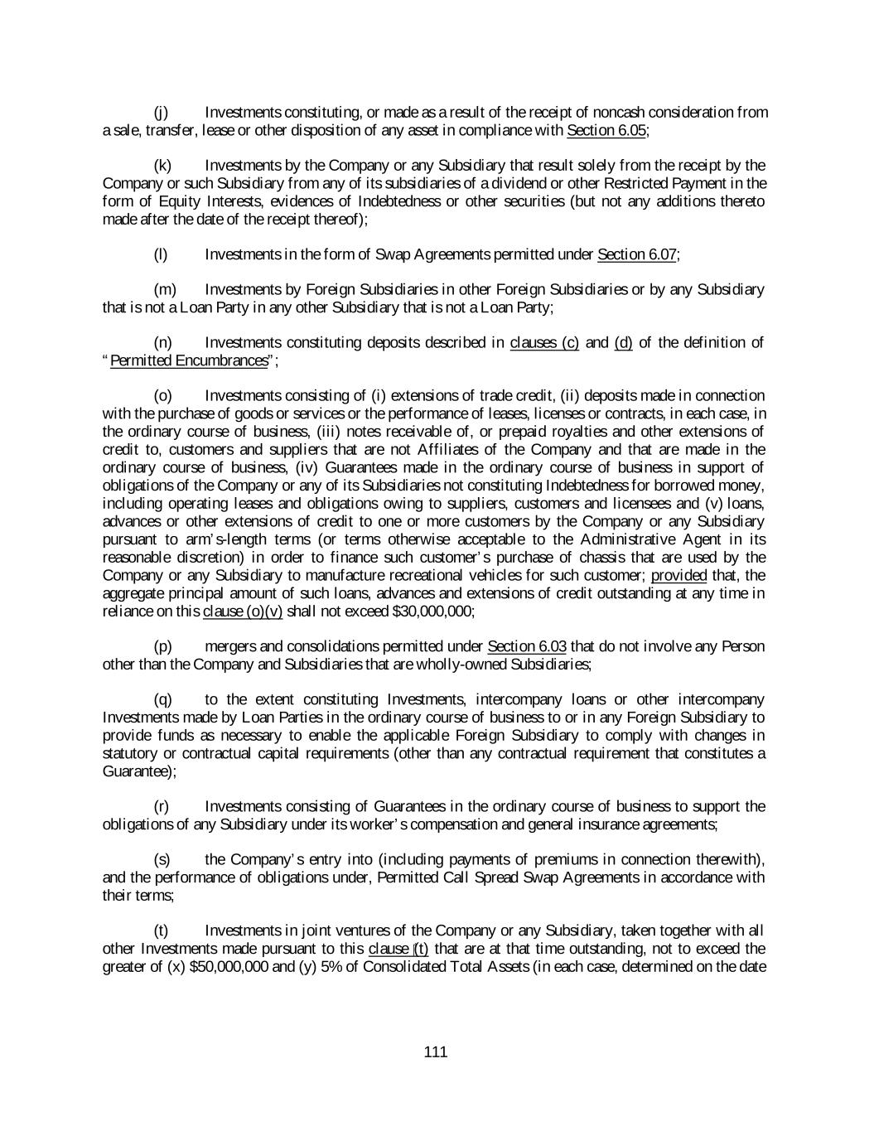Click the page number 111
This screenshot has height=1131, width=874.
[x=435, y=1052]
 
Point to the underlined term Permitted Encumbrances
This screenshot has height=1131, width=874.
[x=190, y=360]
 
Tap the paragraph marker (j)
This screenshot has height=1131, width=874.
[x=161, y=112]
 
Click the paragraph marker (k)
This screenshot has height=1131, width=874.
[x=162, y=166]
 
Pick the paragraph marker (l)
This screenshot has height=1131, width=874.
[x=161, y=254]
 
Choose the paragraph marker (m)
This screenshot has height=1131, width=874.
[x=164, y=289]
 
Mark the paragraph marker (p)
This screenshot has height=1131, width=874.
[x=162, y=645]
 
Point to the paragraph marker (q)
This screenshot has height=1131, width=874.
[x=162, y=699]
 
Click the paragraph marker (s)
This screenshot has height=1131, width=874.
[x=162, y=859]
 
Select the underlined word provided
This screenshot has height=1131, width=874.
[x=678, y=575]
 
